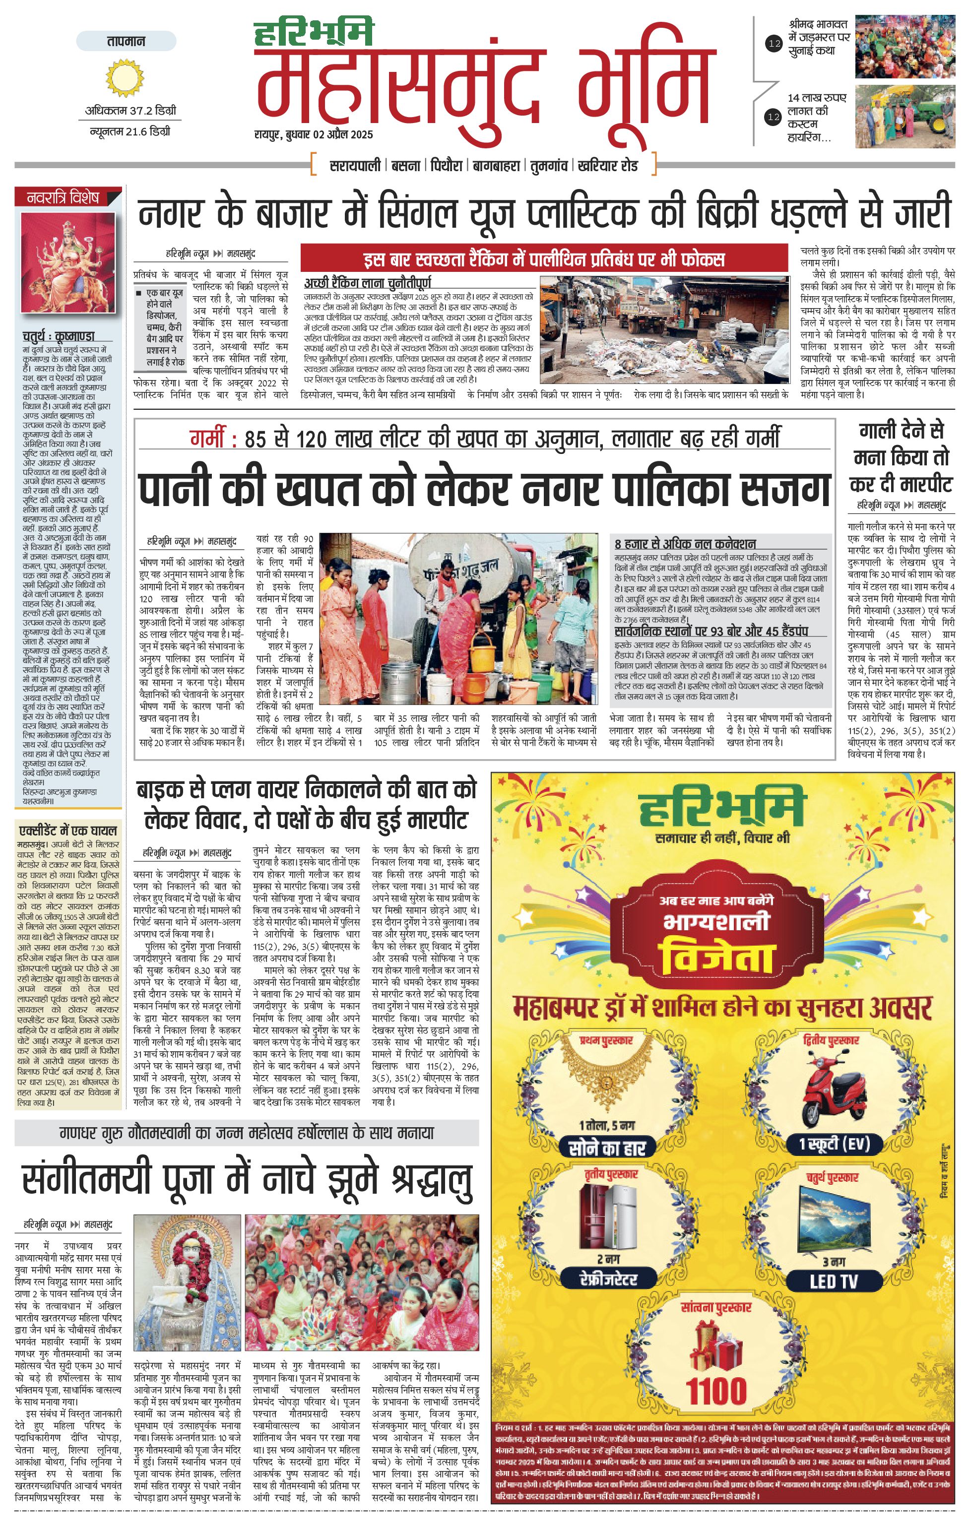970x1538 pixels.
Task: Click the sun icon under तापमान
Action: point(125,77)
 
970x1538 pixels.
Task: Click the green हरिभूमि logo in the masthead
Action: point(314,33)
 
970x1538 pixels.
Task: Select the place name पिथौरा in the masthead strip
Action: point(446,165)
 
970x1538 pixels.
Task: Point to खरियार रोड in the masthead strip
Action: point(607,165)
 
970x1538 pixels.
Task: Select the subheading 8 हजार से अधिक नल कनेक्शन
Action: point(685,544)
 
